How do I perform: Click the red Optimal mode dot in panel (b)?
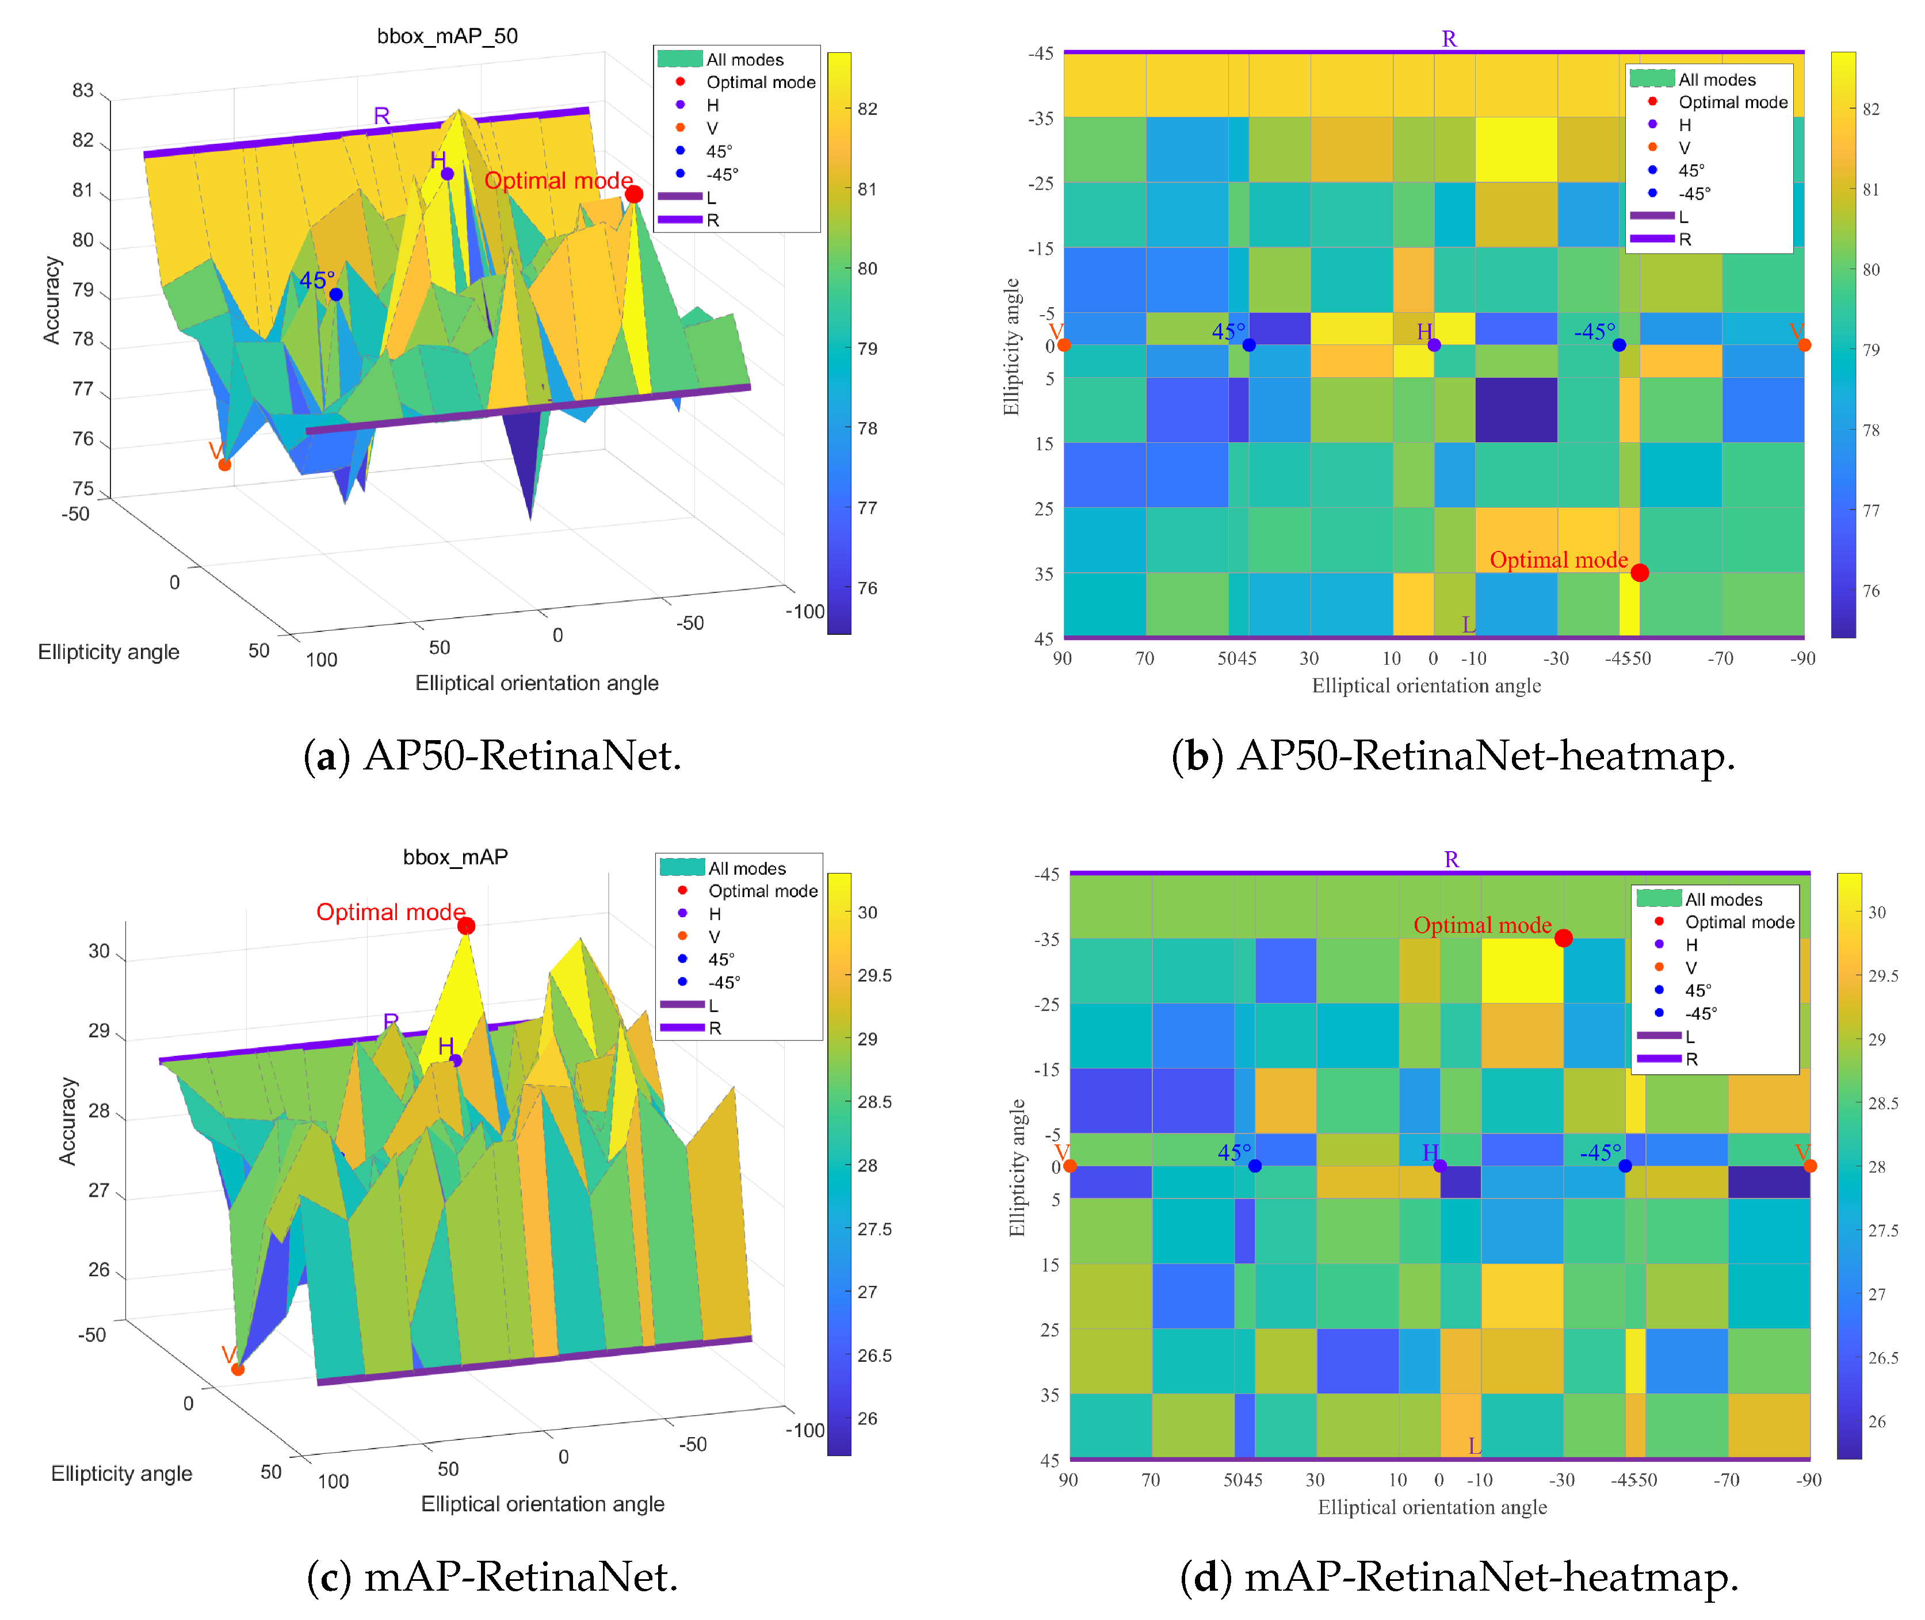click(x=1639, y=573)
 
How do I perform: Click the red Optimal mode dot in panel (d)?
click(x=1563, y=937)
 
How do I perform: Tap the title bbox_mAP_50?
click(x=448, y=36)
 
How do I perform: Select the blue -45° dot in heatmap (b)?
click(x=1619, y=345)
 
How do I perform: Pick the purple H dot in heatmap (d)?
click(x=1440, y=1166)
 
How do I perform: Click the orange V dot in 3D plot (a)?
click(x=224, y=465)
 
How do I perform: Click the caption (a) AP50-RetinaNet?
click(x=492, y=755)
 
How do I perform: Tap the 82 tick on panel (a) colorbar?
click(x=866, y=108)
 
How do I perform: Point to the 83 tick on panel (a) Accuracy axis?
click(x=83, y=90)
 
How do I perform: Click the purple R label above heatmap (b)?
click(x=1449, y=39)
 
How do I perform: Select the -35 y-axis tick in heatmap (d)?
click(x=1046, y=939)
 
